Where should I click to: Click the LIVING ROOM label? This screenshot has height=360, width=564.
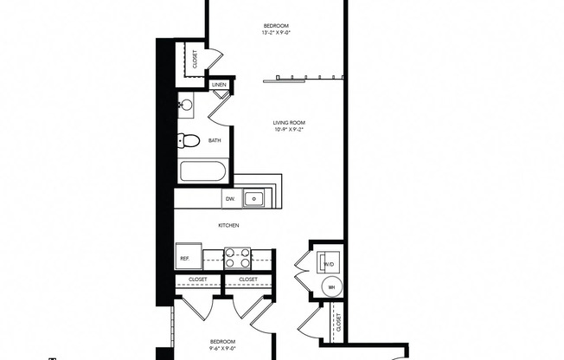pos(289,123)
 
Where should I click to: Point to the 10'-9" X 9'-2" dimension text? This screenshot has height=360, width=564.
pos(289,131)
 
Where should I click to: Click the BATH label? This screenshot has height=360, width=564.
pos(213,139)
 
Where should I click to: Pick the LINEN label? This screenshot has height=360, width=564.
pos(219,85)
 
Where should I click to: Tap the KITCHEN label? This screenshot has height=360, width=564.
pos(228,226)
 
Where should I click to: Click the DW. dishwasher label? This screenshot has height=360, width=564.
pos(230,199)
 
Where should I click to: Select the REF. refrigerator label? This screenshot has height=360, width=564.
pos(184,258)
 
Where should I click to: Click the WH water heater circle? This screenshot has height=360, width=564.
pos(330,286)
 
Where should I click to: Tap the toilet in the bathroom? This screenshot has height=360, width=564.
pos(189,140)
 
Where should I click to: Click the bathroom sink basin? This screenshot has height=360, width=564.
pos(186,106)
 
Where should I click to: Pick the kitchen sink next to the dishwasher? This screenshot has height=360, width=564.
pos(253,199)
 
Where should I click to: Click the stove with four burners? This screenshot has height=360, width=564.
pos(237,257)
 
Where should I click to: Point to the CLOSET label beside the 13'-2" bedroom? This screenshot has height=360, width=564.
pos(195,59)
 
